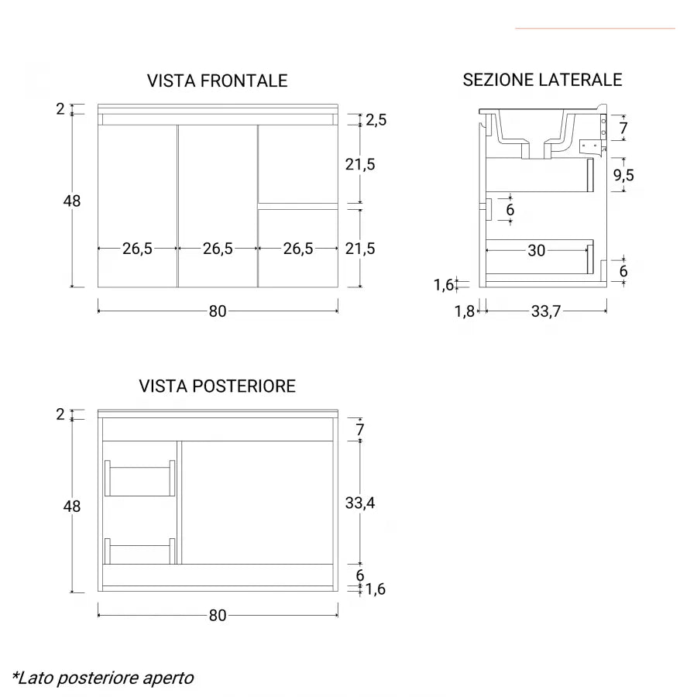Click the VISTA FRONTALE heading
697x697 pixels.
[218, 81]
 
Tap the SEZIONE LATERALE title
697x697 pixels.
[542, 80]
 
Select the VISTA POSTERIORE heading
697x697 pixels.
[218, 386]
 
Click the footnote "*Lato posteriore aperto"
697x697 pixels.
[103, 678]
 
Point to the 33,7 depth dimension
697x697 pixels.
[546, 311]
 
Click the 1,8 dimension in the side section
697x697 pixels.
[465, 311]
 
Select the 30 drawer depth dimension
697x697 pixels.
[537, 250]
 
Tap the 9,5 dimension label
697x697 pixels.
[623, 175]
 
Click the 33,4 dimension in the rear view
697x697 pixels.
[360, 503]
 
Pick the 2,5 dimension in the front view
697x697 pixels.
[376, 119]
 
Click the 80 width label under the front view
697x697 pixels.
[218, 311]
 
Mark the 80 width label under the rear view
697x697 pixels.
[218, 615]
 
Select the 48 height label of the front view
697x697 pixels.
[71, 201]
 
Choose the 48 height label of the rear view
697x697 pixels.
[71, 506]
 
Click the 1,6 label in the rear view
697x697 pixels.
[375, 589]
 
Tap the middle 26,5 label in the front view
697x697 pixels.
[218, 249]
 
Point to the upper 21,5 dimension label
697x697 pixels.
[360, 164]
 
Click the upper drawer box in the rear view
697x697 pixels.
[139, 479]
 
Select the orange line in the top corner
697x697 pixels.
[595, 29]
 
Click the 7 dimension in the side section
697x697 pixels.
[623, 128]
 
